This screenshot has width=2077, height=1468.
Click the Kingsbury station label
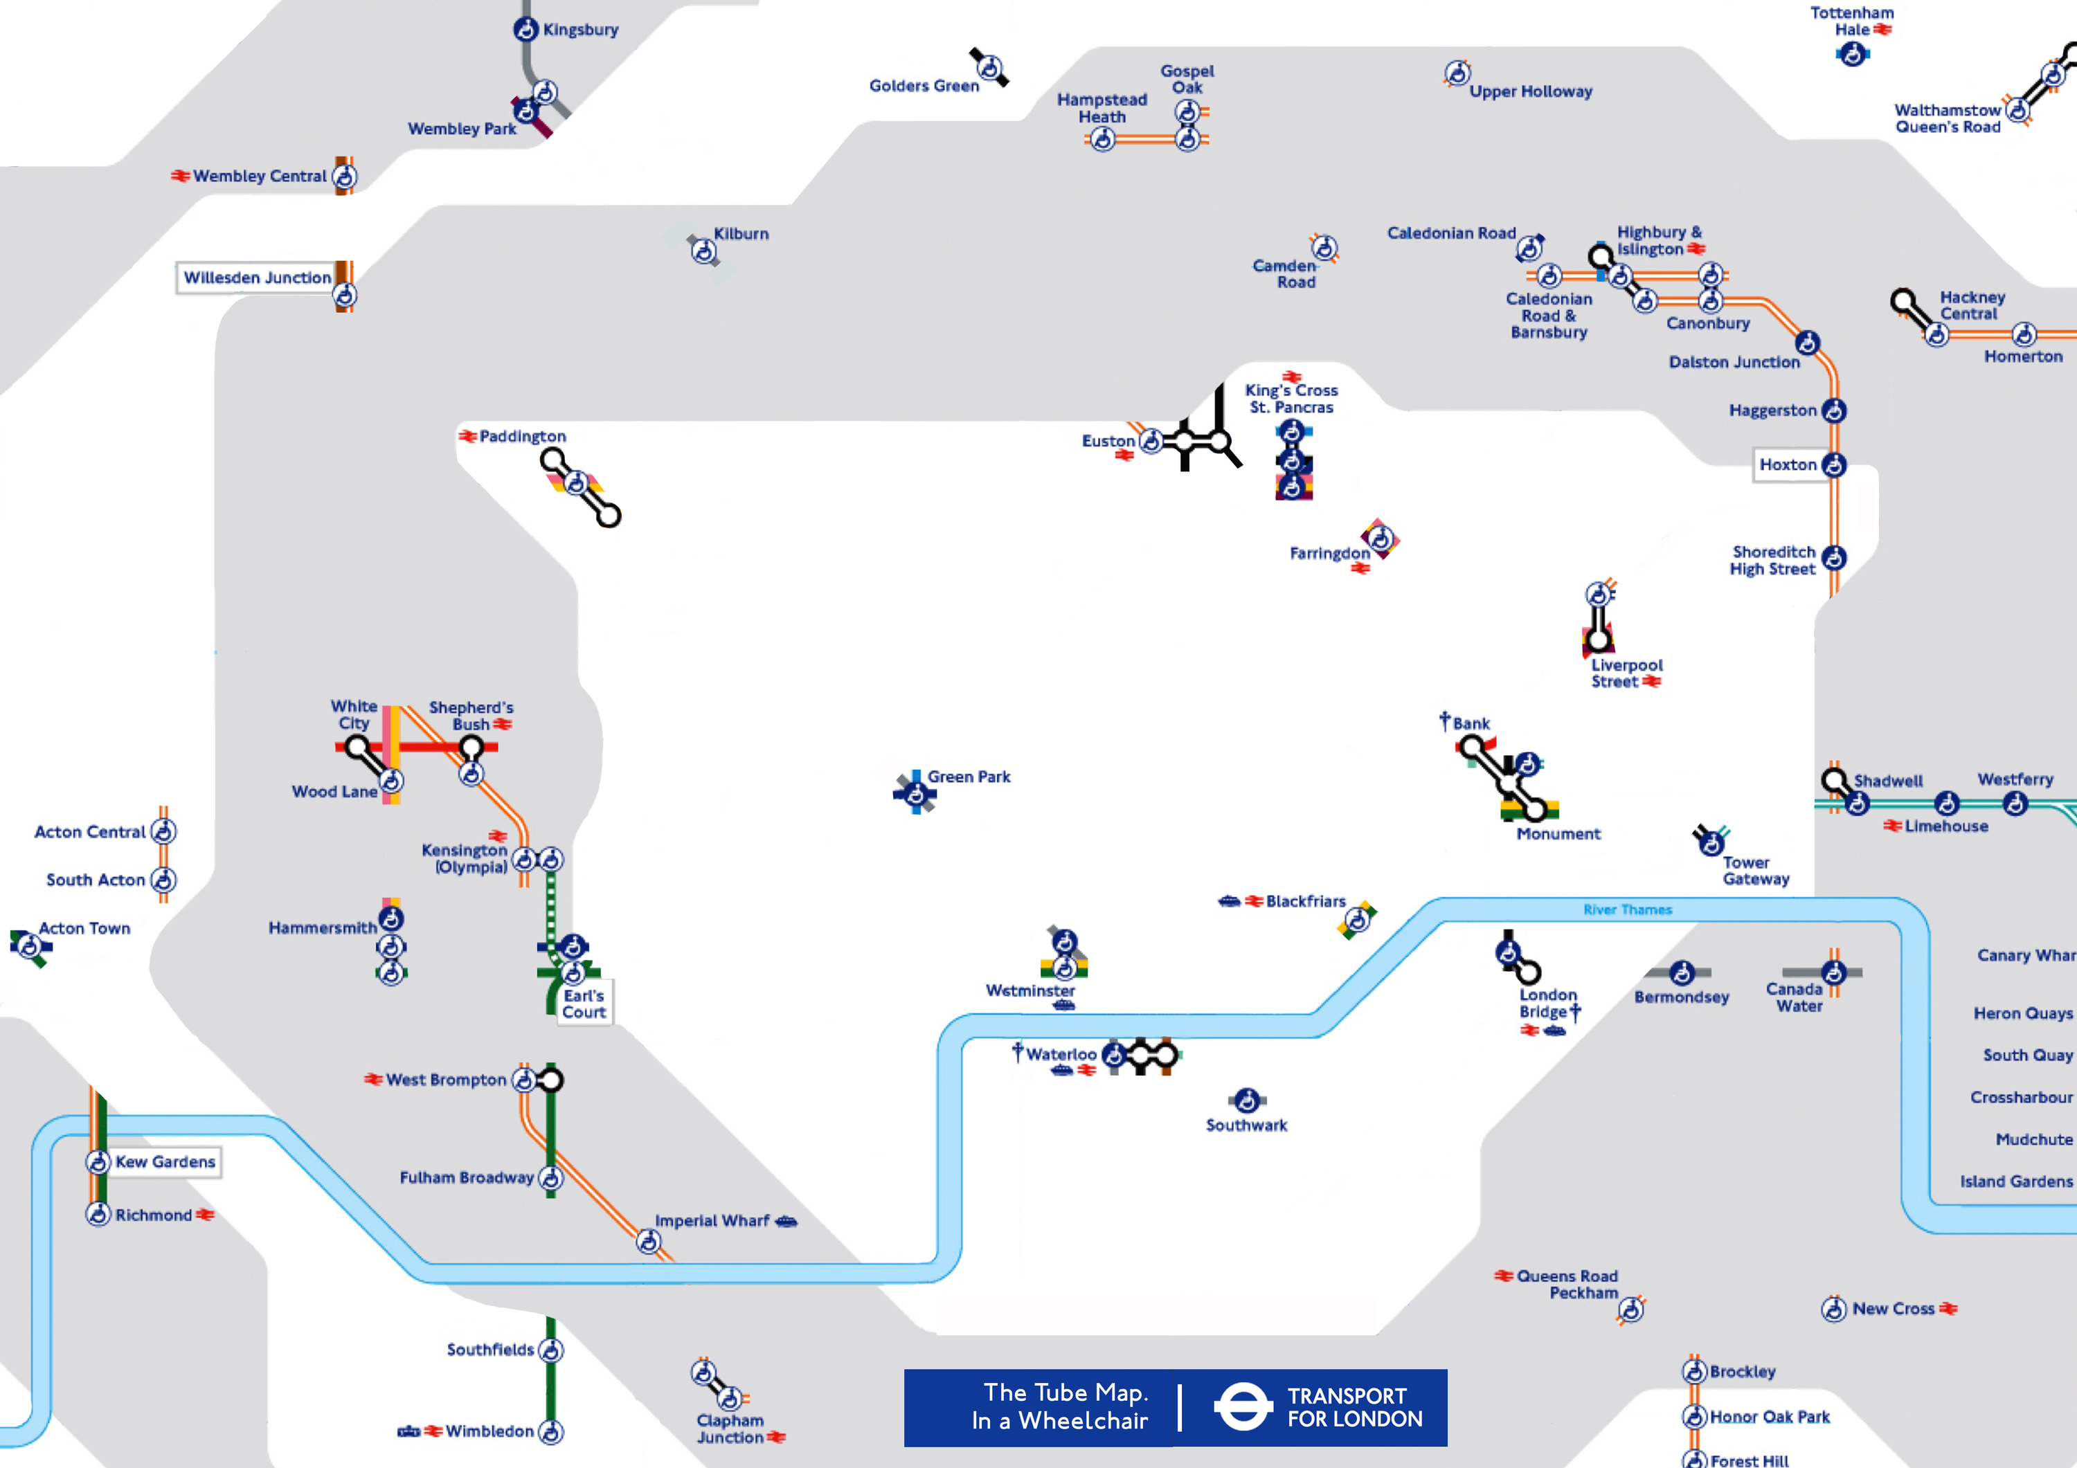[x=581, y=30]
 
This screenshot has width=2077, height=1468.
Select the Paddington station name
[x=522, y=436]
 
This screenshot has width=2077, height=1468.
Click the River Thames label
[x=1628, y=910]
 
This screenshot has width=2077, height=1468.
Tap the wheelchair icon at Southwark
[x=1247, y=1100]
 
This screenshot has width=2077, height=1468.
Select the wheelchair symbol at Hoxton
[x=1834, y=465]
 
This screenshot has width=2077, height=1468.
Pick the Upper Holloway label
[x=1531, y=91]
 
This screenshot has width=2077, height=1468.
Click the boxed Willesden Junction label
[x=257, y=278]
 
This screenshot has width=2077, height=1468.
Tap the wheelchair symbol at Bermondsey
[x=1682, y=972]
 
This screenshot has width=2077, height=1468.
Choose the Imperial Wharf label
[x=712, y=1220]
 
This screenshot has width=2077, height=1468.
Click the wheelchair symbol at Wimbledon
[x=551, y=1432]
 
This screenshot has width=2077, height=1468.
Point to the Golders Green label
[x=924, y=86]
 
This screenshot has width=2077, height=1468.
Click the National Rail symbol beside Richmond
[x=206, y=1215]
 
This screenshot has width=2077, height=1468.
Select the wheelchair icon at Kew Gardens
[x=98, y=1161]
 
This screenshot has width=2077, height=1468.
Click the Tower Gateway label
[x=1755, y=870]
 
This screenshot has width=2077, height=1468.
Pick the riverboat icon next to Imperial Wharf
[x=786, y=1221]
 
